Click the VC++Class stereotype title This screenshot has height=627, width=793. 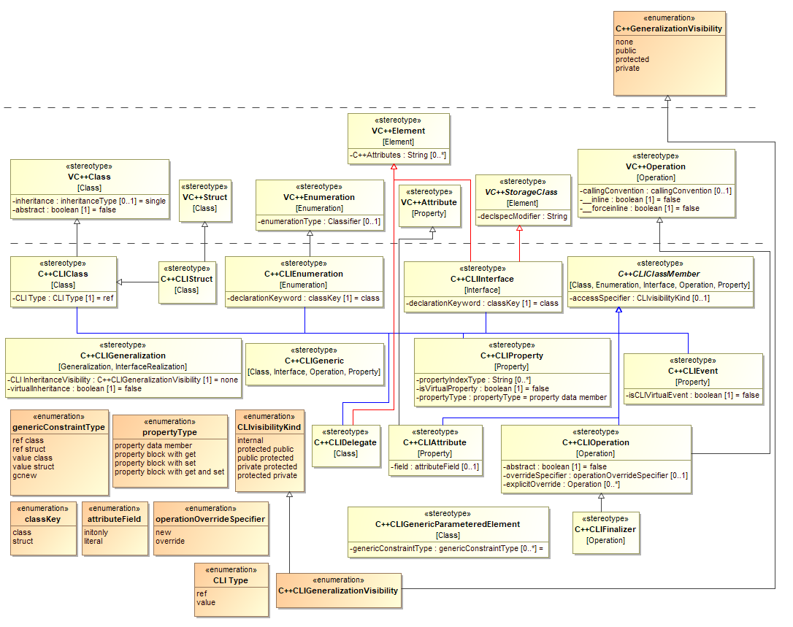[x=90, y=177]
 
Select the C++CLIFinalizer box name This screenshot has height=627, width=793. [x=605, y=529]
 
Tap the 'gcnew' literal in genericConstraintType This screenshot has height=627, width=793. [x=23, y=475]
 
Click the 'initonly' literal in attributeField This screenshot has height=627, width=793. [x=96, y=532]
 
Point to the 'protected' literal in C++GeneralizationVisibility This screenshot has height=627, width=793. [x=632, y=59]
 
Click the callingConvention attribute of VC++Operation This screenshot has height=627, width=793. [x=655, y=191]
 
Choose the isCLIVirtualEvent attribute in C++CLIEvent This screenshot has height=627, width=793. [x=692, y=395]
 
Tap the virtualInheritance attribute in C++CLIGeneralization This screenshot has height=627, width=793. [x=75, y=388]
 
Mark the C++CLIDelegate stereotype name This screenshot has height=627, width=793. [x=345, y=442]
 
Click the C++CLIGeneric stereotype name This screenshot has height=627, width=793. [x=313, y=360]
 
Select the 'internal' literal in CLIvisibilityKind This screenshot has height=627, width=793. [x=250, y=440]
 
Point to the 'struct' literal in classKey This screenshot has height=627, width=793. [x=23, y=541]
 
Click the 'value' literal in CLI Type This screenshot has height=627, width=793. [x=207, y=602]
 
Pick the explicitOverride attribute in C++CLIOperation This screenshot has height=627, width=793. [x=562, y=484]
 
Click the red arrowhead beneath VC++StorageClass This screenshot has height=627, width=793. [x=520, y=228]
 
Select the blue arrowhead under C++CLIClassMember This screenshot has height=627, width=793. [x=618, y=310]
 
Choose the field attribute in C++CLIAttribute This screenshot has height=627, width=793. [x=435, y=466]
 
